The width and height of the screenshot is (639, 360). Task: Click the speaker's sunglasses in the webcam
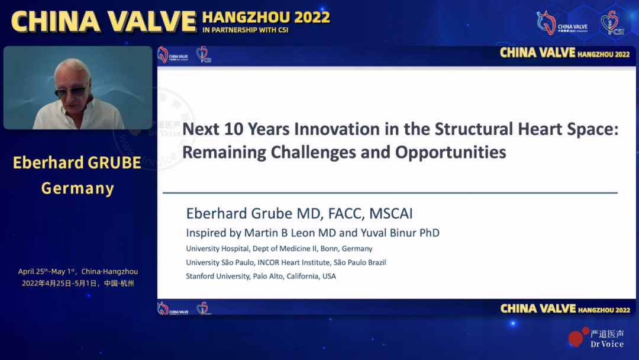[71, 92]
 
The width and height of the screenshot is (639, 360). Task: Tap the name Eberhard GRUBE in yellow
[77, 163]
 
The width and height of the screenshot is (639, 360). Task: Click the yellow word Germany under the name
[78, 188]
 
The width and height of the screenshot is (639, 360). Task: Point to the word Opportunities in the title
[451, 152]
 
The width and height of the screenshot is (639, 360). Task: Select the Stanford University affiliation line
[260, 276]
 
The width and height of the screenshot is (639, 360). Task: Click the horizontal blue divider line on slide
[390, 193]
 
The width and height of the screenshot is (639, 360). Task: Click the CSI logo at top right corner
[612, 22]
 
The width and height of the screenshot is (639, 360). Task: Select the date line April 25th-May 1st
[78, 272]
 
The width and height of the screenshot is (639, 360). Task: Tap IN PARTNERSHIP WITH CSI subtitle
[245, 30]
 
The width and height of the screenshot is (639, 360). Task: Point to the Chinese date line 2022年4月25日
[78, 283]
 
